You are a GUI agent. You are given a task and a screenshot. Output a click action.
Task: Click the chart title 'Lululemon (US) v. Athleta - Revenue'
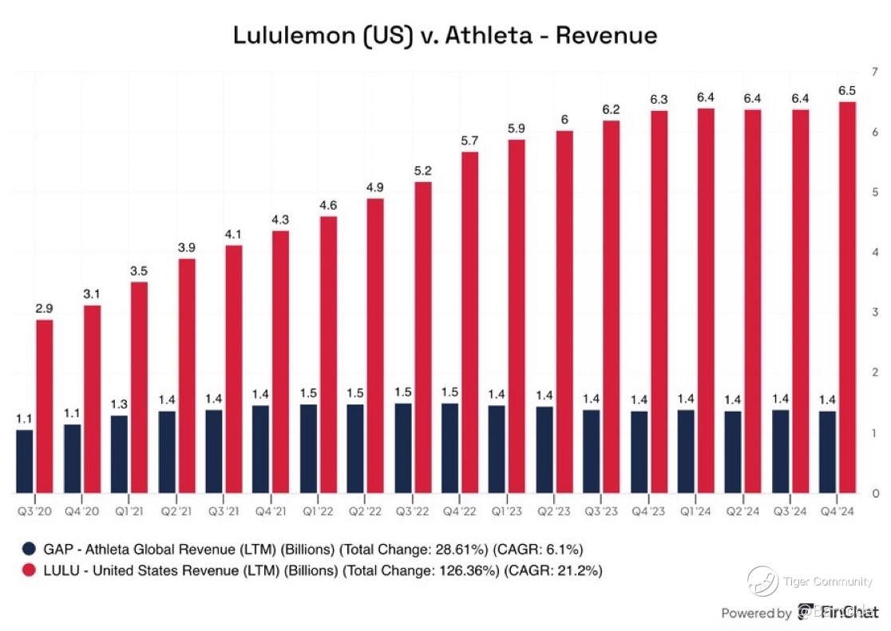tap(445, 36)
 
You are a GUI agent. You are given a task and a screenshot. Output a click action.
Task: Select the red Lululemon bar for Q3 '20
tap(44, 406)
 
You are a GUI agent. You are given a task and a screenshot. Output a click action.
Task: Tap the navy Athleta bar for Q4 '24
tap(828, 452)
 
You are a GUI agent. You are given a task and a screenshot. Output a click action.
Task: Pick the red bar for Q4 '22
tap(469, 322)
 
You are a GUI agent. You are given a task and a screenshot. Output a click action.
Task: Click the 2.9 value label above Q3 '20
tap(44, 308)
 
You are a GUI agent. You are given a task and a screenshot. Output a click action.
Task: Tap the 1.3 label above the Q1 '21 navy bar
tap(118, 403)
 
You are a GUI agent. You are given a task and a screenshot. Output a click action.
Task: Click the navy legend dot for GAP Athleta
tap(29, 548)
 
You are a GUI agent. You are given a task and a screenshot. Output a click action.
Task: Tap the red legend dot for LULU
tap(29, 570)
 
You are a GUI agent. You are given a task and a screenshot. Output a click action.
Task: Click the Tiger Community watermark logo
tap(762, 580)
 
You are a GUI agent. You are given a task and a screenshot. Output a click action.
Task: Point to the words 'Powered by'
tap(756, 613)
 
